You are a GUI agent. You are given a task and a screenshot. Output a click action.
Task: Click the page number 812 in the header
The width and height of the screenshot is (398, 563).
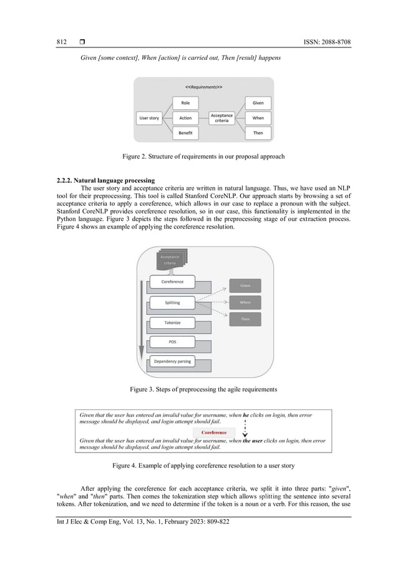[x=61, y=42]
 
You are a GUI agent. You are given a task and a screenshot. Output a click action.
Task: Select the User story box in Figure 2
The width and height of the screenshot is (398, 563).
[x=148, y=118]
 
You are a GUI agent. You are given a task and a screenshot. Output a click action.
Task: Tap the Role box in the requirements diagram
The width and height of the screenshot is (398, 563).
[x=185, y=103]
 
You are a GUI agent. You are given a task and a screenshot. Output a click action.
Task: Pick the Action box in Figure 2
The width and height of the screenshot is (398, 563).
[x=185, y=118]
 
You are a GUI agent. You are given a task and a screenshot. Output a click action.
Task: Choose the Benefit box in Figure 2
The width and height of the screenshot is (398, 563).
[x=185, y=133]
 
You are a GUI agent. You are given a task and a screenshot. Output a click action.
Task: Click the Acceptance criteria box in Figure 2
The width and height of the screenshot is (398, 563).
[x=221, y=118]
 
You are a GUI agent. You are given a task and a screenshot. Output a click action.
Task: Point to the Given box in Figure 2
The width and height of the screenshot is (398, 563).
[x=258, y=103]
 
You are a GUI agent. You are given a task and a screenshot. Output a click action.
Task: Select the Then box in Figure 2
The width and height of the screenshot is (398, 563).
[x=258, y=133]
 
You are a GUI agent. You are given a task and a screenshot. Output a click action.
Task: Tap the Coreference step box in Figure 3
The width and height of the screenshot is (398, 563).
[x=172, y=282]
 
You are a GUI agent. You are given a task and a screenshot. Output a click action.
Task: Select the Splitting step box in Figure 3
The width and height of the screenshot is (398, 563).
[x=172, y=303]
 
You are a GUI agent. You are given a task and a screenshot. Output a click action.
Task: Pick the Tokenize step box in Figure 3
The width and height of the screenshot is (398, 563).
[x=172, y=323]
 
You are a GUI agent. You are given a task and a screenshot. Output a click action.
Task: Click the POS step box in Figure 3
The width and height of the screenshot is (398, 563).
[x=172, y=342]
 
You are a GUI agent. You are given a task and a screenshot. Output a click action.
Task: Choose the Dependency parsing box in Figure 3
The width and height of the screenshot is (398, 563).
[x=172, y=361]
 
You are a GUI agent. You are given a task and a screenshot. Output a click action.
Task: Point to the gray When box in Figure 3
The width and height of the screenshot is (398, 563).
[x=245, y=303]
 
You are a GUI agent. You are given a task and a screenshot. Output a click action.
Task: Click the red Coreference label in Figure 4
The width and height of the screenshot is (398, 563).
[x=213, y=433]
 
